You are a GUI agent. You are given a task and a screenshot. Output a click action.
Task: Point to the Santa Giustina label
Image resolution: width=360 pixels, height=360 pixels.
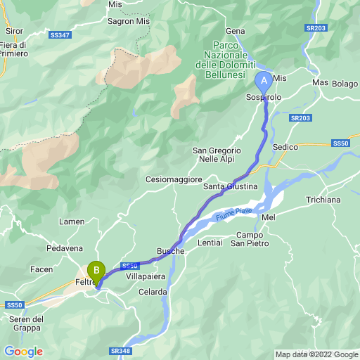(231, 186)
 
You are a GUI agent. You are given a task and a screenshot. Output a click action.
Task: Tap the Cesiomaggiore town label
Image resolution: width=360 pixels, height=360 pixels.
(174, 180)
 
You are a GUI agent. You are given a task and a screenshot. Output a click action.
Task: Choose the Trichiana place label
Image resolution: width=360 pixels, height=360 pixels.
(323, 200)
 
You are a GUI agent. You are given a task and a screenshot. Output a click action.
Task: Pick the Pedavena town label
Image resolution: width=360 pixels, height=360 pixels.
(65, 248)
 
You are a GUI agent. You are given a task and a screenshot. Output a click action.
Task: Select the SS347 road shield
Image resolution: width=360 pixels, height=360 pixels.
(60, 34)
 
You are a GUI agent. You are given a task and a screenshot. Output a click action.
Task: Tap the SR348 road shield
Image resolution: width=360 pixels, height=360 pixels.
(121, 350)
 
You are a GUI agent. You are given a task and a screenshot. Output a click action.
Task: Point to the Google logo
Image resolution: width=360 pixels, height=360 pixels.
(23, 352)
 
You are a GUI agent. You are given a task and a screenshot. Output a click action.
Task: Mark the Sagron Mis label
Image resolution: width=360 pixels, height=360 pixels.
(129, 22)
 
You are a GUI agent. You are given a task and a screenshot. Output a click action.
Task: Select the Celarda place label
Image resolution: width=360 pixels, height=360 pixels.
(153, 292)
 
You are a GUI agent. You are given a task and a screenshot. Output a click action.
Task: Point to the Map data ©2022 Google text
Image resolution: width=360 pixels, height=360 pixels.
(316, 354)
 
